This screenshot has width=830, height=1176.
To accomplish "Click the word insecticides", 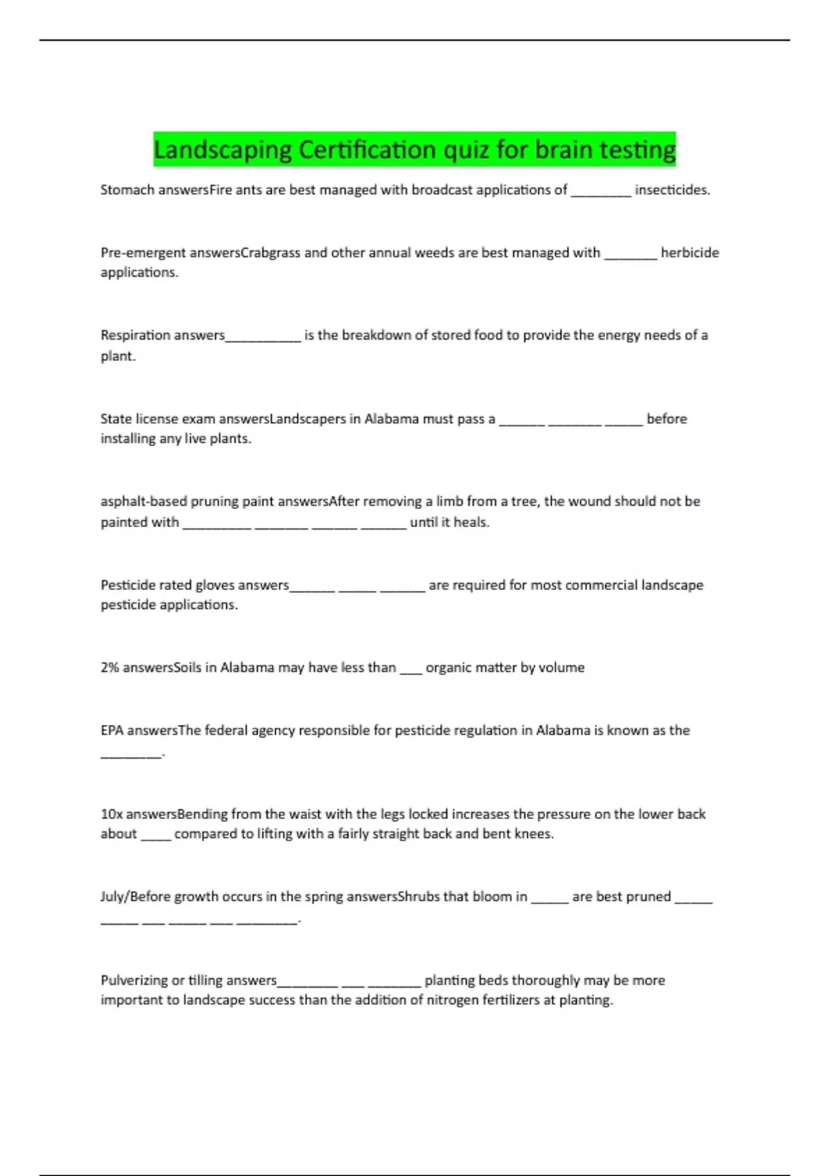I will [672, 190].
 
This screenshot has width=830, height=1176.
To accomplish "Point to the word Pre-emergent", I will [143, 252].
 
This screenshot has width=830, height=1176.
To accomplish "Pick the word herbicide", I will [690, 252].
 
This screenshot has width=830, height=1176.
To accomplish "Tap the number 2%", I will [110, 668].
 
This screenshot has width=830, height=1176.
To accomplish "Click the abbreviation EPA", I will [112, 731].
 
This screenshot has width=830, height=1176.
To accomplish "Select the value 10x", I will [111, 814].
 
